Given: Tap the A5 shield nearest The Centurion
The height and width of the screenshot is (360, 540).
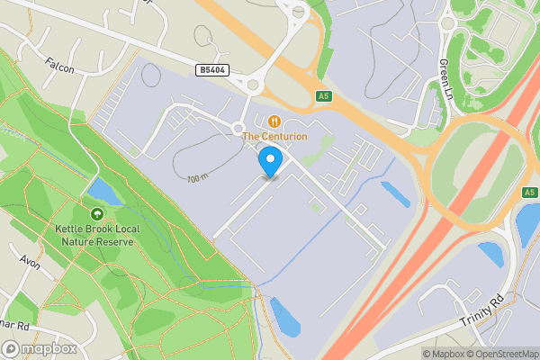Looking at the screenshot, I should point(324,95).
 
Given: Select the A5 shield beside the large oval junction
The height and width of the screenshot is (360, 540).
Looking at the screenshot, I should point(528,193).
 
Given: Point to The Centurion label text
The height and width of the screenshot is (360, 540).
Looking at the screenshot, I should point(274,137).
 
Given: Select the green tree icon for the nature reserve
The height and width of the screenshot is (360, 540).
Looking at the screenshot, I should point(97,213).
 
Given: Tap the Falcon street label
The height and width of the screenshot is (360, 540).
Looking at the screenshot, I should point(60,66).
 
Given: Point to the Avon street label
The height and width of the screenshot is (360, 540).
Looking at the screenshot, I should point(30,262).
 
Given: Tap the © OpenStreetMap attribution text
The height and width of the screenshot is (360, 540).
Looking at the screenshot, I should point(503,354).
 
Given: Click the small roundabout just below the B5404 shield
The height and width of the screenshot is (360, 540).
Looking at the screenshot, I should point(253,86).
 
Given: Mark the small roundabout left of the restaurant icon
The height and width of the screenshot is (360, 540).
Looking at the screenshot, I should point(239,128).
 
